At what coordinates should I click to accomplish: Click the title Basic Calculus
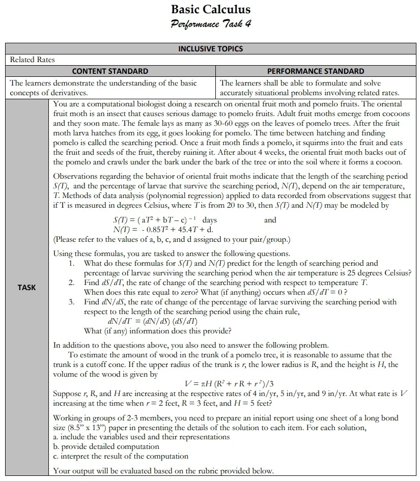pyautogui.click(x=211, y=9)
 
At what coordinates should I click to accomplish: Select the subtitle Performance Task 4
pyautogui.click(x=211, y=23)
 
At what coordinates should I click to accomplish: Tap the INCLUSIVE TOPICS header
pyautogui.click(x=210, y=49)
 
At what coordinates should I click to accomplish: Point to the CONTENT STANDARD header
pyautogui.click(x=110, y=71)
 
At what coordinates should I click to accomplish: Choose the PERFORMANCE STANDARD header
pyautogui.click(x=316, y=71)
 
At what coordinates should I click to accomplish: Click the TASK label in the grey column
pyautogui.click(x=26, y=287)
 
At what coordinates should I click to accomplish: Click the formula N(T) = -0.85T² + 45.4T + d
pyautogui.click(x=162, y=229)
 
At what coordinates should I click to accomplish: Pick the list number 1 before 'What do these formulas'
pyautogui.click(x=72, y=263)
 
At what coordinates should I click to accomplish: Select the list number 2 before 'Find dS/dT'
pyautogui.click(x=72, y=282)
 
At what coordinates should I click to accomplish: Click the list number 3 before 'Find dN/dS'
pyautogui.click(x=72, y=302)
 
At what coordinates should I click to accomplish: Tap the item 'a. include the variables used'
pyautogui.click(x=141, y=437)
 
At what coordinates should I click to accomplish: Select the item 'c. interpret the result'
pyautogui.click(x=121, y=456)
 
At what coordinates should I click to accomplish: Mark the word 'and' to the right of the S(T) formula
pyautogui.click(x=270, y=220)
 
